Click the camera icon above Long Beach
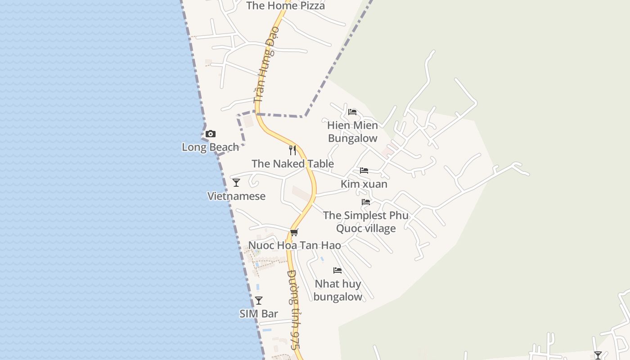pyautogui.click(x=210, y=134)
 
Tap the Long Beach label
pyautogui.click(x=210, y=147)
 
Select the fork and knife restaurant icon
pyautogui.click(x=292, y=150)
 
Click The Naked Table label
pyautogui.click(x=292, y=164)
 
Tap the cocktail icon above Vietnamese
pyautogui.click(x=236, y=183)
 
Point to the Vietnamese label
pyautogui.click(x=236, y=196)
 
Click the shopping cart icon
pyautogui.click(x=294, y=232)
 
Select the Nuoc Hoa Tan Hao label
pyautogui.click(x=294, y=246)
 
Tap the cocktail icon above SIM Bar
pyautogui.click(x=259, y=301)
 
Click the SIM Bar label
pyautogui.click(x=259, y=314)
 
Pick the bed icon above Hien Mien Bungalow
pyautogui.click(x=352, y=112)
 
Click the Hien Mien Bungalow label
pyautogui.click(x=352, y=132)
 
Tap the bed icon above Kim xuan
pyautogui.click(x=364, y=171)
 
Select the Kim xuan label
pyautogui.click(x=364, y=184)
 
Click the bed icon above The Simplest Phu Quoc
pyautogui.click(x=366, y=202)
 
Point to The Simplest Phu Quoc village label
pyautogui.click(x=366, y=222)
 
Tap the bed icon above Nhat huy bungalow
pyautogui.click(x=337, y=270)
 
